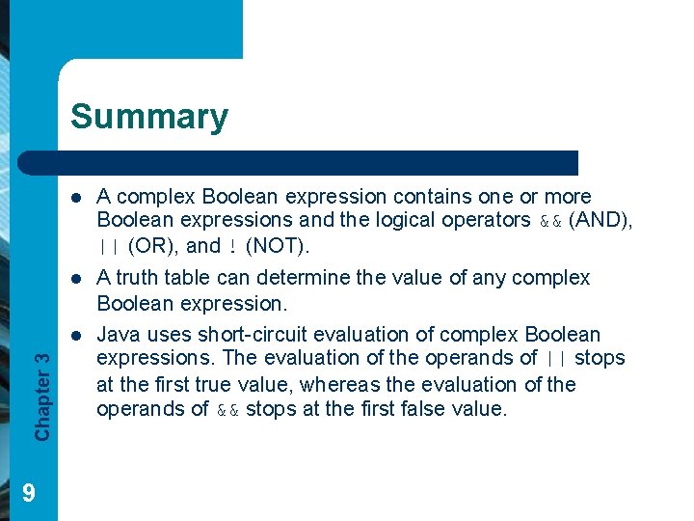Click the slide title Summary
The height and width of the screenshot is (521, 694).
click(149, 117)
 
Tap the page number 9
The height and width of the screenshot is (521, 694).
click(29, 494)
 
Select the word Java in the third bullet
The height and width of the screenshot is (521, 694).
click(119, 335)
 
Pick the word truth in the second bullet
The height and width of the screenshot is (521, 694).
click(138, 278)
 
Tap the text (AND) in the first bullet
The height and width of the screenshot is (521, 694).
click(600, 220)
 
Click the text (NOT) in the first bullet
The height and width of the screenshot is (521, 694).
click(277, 245)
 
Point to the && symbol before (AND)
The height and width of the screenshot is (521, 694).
click(550, 221)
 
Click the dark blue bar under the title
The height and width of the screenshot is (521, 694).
click(318, 162)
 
